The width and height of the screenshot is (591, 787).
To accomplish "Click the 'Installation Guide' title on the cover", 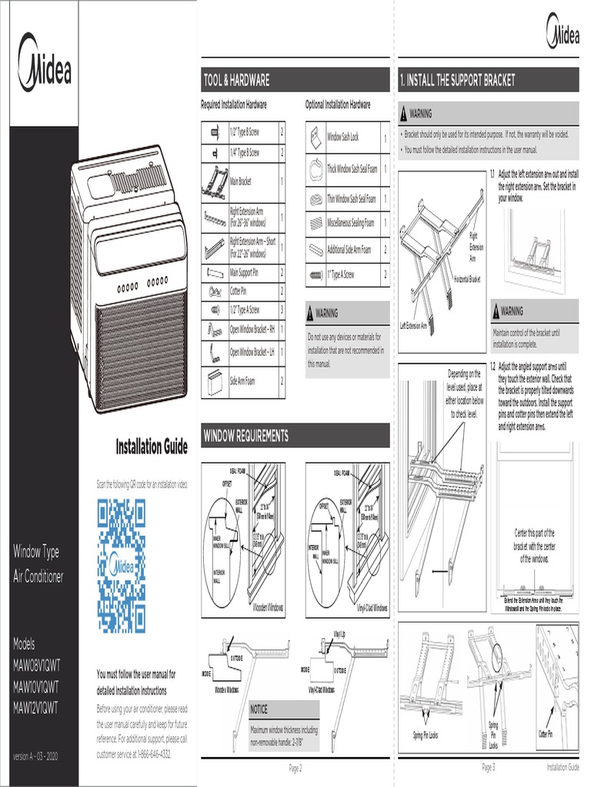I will point(152,447).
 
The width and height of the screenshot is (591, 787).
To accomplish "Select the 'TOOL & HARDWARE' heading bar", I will point(295,80).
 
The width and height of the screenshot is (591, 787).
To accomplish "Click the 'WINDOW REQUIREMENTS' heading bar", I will point(295,436).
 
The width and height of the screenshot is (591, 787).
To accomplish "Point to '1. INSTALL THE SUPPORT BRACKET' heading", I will point(487,80).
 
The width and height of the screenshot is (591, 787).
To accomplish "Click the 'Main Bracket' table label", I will point(241,182).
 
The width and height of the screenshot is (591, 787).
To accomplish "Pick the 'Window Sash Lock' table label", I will point(342,138).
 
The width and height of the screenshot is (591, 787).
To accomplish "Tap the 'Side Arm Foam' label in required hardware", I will point(242,381).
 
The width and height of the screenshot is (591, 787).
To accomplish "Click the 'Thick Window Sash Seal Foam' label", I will point(352,168).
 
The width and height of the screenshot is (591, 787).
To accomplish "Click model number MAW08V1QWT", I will point(36,666).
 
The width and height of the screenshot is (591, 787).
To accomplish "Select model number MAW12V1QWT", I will point(36,707).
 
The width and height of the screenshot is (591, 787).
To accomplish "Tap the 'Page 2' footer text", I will point(295,768).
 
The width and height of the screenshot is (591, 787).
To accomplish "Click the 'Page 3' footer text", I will point(488,768).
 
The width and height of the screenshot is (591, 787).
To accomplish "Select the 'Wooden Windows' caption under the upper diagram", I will point(267,607).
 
